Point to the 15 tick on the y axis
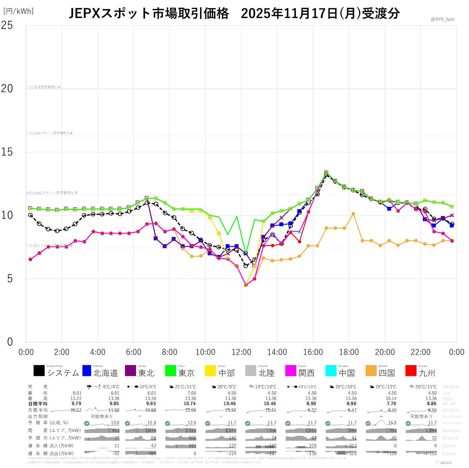coord(7,152)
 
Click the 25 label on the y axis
coord(7,25)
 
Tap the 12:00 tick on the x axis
coord(241,352)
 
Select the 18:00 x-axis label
coord(349,352)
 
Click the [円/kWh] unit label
coord(18,11)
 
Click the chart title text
coord(234,14)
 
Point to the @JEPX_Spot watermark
coord(442,19)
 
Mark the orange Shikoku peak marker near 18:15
coord(353,214)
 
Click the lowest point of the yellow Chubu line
coord(245,285)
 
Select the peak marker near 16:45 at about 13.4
coord(326,173)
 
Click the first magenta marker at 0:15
coord(30,259)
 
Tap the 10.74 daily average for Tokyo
coord(190,404)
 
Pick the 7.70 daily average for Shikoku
coord(390,404)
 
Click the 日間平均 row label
coord(38,404)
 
